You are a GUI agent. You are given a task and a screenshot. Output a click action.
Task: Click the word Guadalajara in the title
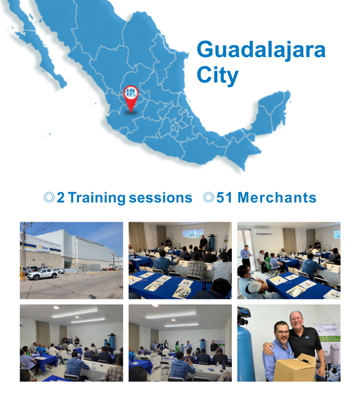click(x=261, y=50)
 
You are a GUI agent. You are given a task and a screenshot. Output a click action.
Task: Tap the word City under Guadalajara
click(x=217, y=75)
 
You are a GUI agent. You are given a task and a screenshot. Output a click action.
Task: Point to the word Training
click(x=97, y=198)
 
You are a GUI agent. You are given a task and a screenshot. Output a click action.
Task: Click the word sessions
click(x=160, y=198)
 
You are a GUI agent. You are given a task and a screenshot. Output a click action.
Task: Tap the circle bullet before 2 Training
click(x=49, y=198)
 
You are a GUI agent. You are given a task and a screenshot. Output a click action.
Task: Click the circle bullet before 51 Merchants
click(x=209, y=198)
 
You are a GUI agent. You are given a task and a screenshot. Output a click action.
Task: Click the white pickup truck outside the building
click(x=43, y=273)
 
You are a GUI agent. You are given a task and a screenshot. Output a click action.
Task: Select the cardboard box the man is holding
click(x=295, y=368)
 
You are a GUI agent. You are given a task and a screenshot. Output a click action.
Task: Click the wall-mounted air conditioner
click(x=263, y=232)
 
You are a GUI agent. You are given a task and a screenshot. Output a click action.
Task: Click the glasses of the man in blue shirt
click(x=282, y=332)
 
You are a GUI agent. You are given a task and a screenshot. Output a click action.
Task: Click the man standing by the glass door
click(x=246, y=256)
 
